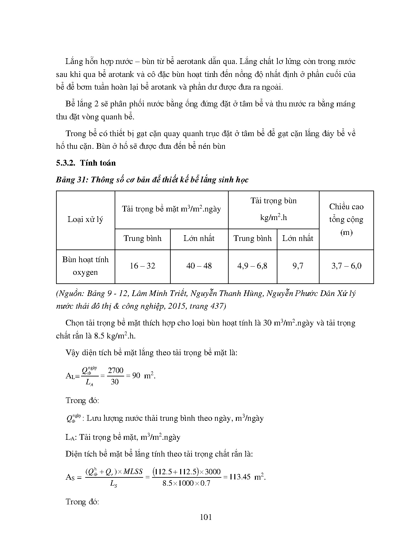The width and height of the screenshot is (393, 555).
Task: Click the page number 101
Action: click(206, 517)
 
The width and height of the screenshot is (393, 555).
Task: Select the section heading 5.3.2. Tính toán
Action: click(86, 163)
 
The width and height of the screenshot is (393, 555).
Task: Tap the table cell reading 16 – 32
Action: click(143, 266)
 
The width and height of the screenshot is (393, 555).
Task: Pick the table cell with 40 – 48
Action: click(199, 266)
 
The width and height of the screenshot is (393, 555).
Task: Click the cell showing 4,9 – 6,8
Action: click(252, 266)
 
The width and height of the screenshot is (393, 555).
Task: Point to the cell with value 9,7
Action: click(298, 266)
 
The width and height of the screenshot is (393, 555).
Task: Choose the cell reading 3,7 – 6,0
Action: click(346, 266)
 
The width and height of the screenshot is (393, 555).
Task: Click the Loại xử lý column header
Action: click(85, 219)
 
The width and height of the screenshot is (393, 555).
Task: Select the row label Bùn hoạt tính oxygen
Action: click(85, 266)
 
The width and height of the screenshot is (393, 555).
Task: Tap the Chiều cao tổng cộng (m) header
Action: click(346, 219)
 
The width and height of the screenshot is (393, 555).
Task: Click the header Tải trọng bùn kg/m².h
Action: click(273, 209)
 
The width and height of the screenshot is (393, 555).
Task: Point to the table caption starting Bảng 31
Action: click(152, 180)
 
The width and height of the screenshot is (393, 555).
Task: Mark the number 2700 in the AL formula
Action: click(115, 370)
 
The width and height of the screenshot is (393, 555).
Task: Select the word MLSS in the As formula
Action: click(133, 471)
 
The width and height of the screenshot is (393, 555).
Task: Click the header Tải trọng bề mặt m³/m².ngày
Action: click(171, 209)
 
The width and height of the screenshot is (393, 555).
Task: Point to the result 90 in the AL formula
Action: click(136, 376)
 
